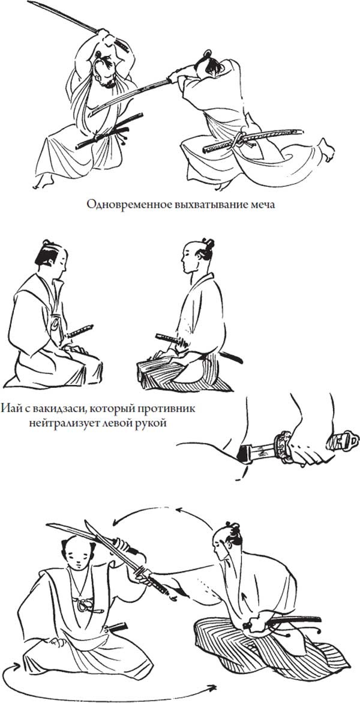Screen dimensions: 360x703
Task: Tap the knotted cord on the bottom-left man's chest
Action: click(x=88, y=605)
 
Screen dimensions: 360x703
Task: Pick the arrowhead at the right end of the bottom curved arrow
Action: click(x=212, y=687)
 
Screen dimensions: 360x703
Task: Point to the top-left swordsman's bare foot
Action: click(x=43, y=181)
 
